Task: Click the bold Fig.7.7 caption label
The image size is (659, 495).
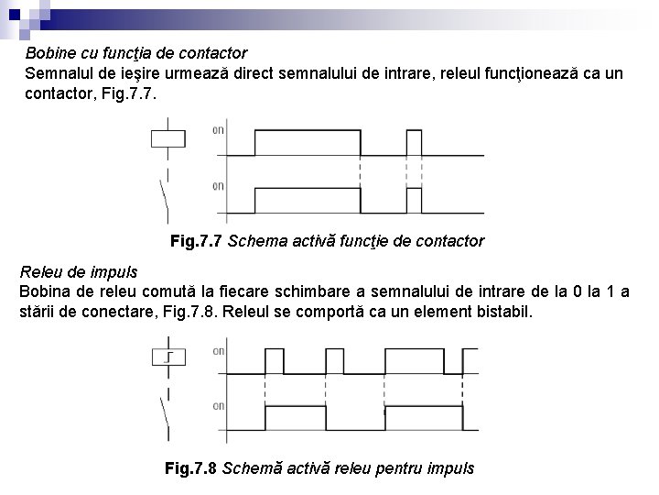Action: (197, 242)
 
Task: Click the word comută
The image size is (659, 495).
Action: (161, 292)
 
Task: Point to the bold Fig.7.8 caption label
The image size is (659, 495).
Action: (191, 468)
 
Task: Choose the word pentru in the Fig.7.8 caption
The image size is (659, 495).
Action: (409, 468)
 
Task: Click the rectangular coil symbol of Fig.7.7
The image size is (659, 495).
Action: (167, 139)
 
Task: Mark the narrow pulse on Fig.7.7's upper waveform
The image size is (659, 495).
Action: (414, 142)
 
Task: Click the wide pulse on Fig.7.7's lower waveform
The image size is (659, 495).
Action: (307, 199)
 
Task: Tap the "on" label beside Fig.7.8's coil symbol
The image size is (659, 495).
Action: (219, 351)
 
